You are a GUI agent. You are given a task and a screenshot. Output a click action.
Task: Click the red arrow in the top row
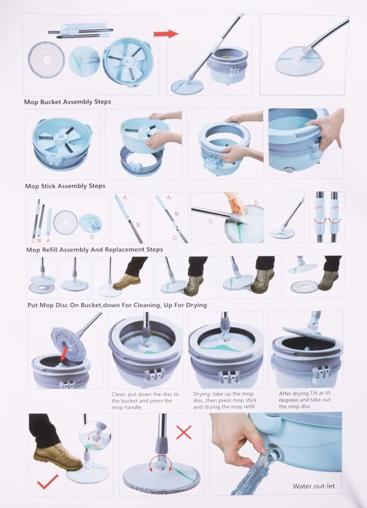click(165, 33)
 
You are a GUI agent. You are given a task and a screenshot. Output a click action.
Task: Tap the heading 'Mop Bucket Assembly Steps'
click(67, 101)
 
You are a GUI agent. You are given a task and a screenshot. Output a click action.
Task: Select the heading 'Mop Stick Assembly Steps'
click(65, 186)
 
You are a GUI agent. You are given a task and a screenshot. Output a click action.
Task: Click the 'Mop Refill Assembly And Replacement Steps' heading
click(95, 250)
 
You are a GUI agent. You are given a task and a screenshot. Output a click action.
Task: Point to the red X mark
click(183, 432)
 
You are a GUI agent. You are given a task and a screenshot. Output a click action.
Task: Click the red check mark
click(47, 482)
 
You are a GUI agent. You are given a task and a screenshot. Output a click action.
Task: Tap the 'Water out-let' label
click(314, 486)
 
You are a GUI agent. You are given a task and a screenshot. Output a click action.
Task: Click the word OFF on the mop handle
click(319, 207)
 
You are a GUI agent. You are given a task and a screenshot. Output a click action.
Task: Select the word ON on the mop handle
click(335, 207)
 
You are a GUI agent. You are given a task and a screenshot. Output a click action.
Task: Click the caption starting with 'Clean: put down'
click(145, 401)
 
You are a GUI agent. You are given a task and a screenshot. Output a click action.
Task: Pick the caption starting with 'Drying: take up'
click(225, 401)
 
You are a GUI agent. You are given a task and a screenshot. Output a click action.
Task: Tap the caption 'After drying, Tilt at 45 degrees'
click(304, 400)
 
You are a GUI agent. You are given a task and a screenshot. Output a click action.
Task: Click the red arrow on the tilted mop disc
click(65, 353)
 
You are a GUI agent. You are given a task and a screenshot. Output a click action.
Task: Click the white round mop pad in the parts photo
click(46, 59)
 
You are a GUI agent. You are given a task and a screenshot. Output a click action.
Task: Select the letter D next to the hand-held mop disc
click(256, 203)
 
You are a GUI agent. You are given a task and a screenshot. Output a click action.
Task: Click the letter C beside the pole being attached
click(211, 221)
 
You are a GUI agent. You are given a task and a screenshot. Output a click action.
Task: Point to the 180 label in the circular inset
click(95, 446)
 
